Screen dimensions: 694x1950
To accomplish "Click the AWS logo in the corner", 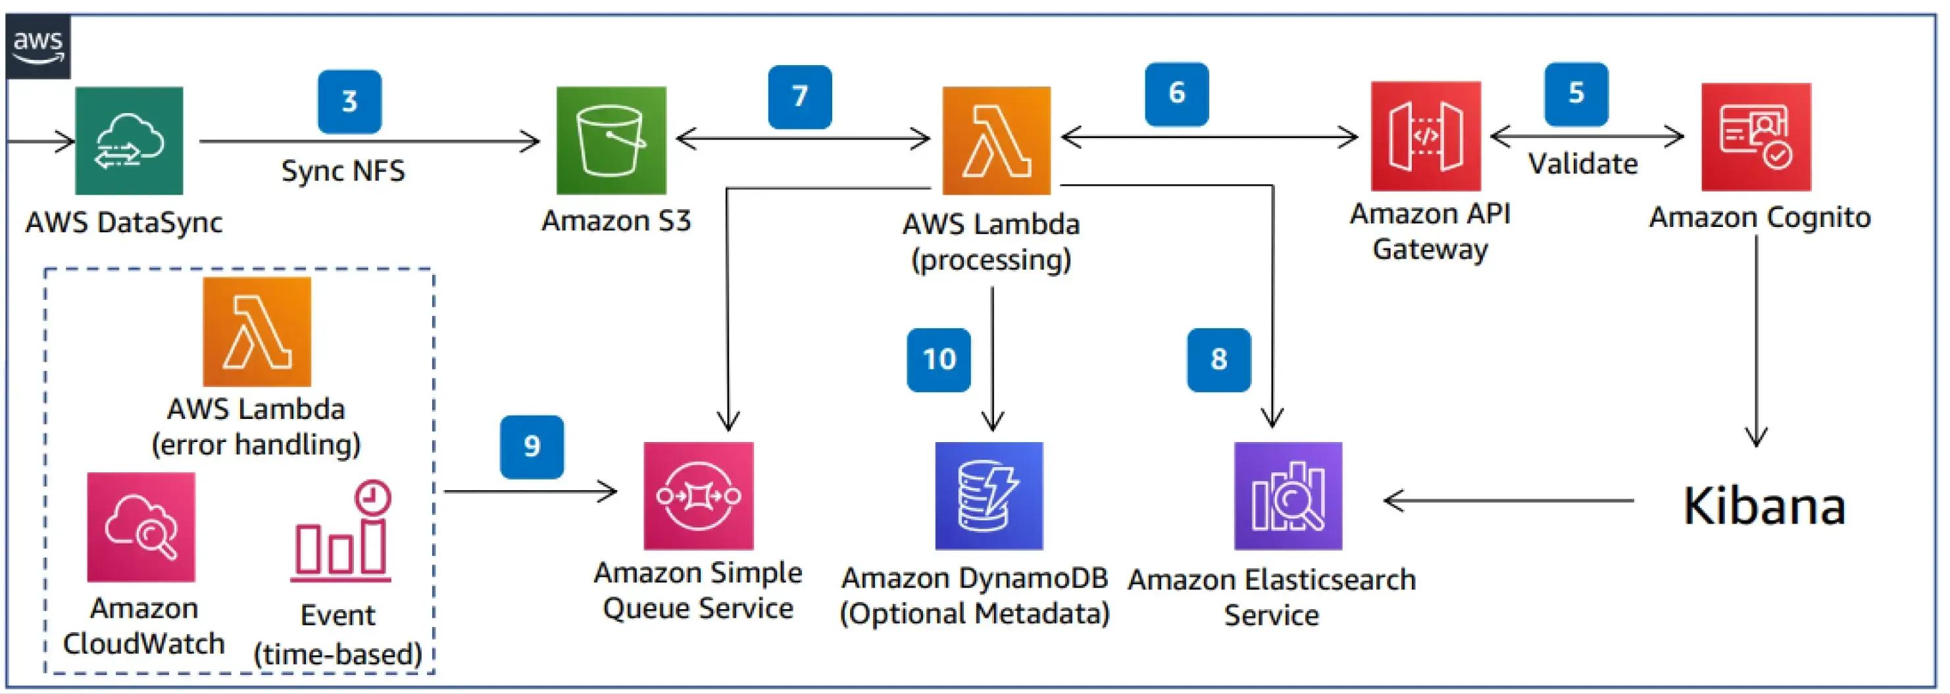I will (37, 45).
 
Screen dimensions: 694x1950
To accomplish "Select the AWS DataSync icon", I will (129, 141).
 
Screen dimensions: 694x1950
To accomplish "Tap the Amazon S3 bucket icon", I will (611, 141).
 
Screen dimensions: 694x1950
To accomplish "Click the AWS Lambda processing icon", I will (996, 141).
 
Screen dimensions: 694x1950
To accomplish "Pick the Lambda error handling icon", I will (257, 332).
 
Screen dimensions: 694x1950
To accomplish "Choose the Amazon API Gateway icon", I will (1426, 136).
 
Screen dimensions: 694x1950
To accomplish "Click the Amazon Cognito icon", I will (1755, 137).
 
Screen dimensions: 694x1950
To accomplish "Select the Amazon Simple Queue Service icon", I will (698, 496).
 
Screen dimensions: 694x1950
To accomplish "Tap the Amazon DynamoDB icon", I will (989, 496).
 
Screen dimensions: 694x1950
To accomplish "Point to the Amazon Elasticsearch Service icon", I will (1287, 496).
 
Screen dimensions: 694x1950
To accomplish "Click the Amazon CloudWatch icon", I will (141, 528).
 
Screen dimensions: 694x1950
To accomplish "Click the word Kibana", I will (1763, 507).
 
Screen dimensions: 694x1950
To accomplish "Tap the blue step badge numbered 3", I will (349, 101).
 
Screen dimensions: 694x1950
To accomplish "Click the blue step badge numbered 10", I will (939, 359).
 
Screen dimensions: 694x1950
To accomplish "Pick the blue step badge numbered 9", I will (532, 447).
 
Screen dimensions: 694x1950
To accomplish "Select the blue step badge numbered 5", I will (1576, 94).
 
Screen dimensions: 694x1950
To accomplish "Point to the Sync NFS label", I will (343, 171).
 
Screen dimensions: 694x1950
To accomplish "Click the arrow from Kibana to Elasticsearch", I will (1507, 500).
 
